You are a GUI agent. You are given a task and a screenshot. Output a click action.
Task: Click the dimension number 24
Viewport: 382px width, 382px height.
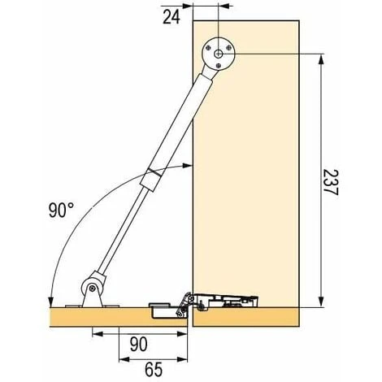[x=171, y=17]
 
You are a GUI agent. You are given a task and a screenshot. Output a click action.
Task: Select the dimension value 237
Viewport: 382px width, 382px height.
[x=331, y=182]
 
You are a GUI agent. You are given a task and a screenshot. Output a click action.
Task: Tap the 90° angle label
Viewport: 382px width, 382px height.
[x=61, y=211]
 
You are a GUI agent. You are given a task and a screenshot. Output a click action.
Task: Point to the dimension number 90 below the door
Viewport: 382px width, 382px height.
[x=139, y=344]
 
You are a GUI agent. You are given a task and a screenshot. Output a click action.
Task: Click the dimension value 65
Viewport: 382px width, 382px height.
[x=154, y=369]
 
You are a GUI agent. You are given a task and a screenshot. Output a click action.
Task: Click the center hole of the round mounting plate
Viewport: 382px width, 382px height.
[x=219, y=54]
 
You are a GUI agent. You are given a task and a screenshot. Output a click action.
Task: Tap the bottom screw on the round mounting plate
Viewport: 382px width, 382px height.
[x=219, y=65]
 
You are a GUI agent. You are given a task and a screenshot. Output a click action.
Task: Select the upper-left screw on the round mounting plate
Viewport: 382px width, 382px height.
[x=208, y=48]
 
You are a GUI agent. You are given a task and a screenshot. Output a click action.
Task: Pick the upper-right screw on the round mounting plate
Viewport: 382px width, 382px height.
[x=229, y=48]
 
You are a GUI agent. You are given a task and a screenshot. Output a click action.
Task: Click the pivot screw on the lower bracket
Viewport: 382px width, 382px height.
[x=93, y=289]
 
